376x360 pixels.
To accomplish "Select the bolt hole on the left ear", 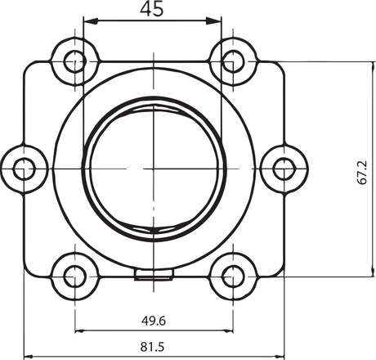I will (25, 169).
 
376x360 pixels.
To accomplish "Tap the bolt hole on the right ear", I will (284, 169).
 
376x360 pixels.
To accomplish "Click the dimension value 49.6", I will (154, 320).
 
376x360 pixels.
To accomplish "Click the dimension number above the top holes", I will (154, 10).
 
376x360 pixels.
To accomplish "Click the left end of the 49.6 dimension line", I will (76, 331).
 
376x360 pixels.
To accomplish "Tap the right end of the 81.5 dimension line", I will (284, 358).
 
